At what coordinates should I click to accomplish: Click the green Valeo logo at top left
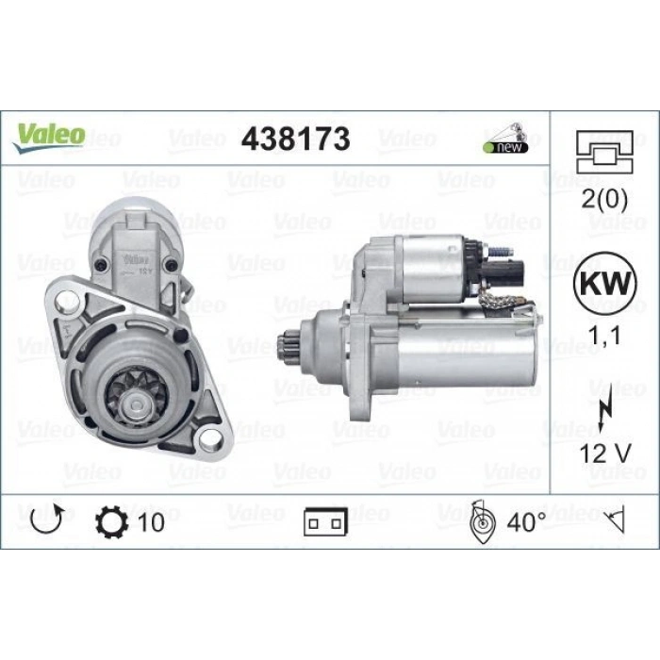coord(49,137)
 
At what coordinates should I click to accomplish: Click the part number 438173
coord(295,139)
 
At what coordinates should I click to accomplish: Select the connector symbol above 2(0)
coord(604,152)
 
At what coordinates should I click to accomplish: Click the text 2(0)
coord(604,199)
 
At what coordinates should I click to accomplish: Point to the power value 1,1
coord(603,336)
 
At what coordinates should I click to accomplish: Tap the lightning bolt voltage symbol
coord(605,413)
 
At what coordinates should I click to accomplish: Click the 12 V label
coord(605,454)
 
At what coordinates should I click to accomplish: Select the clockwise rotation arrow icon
coord(47,520)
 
